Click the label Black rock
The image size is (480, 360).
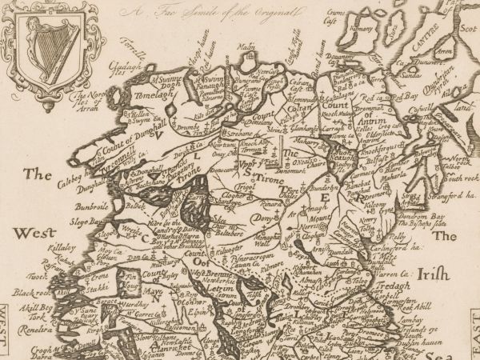coord(30,294)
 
